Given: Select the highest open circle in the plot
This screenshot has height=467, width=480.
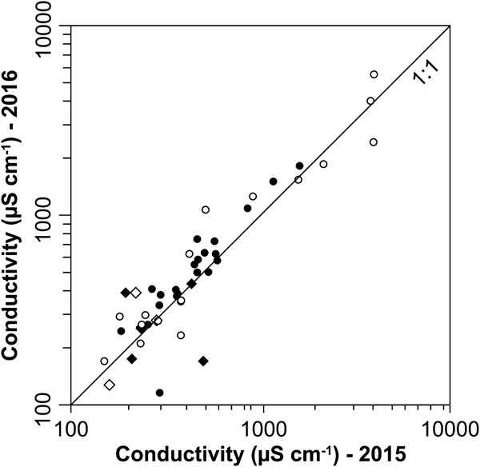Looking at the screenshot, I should pyautogui.click(x=374, y=74).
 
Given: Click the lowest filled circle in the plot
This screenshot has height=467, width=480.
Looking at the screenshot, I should pyautogui.click(x=160, y=393).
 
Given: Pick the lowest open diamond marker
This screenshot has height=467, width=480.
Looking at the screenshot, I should pyautogui.click(x=110, y=385).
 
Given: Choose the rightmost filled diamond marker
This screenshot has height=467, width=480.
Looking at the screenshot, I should pyautogui.click(x=203, y=361).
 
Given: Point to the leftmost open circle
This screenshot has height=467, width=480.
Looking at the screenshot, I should pyautogui.click(x=104, y=361).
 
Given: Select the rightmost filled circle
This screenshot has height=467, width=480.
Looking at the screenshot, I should pyautogui.click(x=300, y=166).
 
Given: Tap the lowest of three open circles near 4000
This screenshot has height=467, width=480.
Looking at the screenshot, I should pyautogui.click(x=374, y=142).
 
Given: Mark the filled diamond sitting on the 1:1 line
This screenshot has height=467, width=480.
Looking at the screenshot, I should pyautogui.click(x=191, y=284).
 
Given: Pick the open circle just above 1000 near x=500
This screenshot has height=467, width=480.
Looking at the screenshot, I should pyautogui.click(x=206, y=210).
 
